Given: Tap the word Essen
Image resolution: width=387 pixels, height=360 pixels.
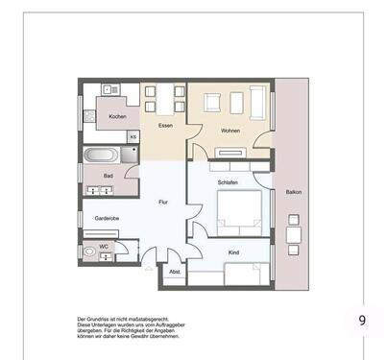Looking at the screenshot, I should (x=153, y=124).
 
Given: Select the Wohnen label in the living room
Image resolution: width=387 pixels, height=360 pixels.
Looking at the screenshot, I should (x=230, y=131).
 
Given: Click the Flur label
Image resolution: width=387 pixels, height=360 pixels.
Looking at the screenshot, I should (x=163, y=203).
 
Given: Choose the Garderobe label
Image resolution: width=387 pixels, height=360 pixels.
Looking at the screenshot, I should (x=106, y=218).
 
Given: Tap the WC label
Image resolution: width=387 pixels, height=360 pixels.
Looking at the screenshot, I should (x=103, y=247).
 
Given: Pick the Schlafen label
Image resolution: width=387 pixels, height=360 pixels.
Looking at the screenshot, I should (x=228, y=181).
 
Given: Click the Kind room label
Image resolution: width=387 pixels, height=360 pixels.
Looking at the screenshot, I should (x=233, y=252).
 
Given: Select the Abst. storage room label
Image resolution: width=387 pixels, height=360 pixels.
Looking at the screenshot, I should (x=175, y=272).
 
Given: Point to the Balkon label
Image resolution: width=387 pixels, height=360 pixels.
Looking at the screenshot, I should (x=293, y=192).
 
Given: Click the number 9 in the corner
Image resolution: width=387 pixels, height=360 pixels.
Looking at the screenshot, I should (x=362, y=320).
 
